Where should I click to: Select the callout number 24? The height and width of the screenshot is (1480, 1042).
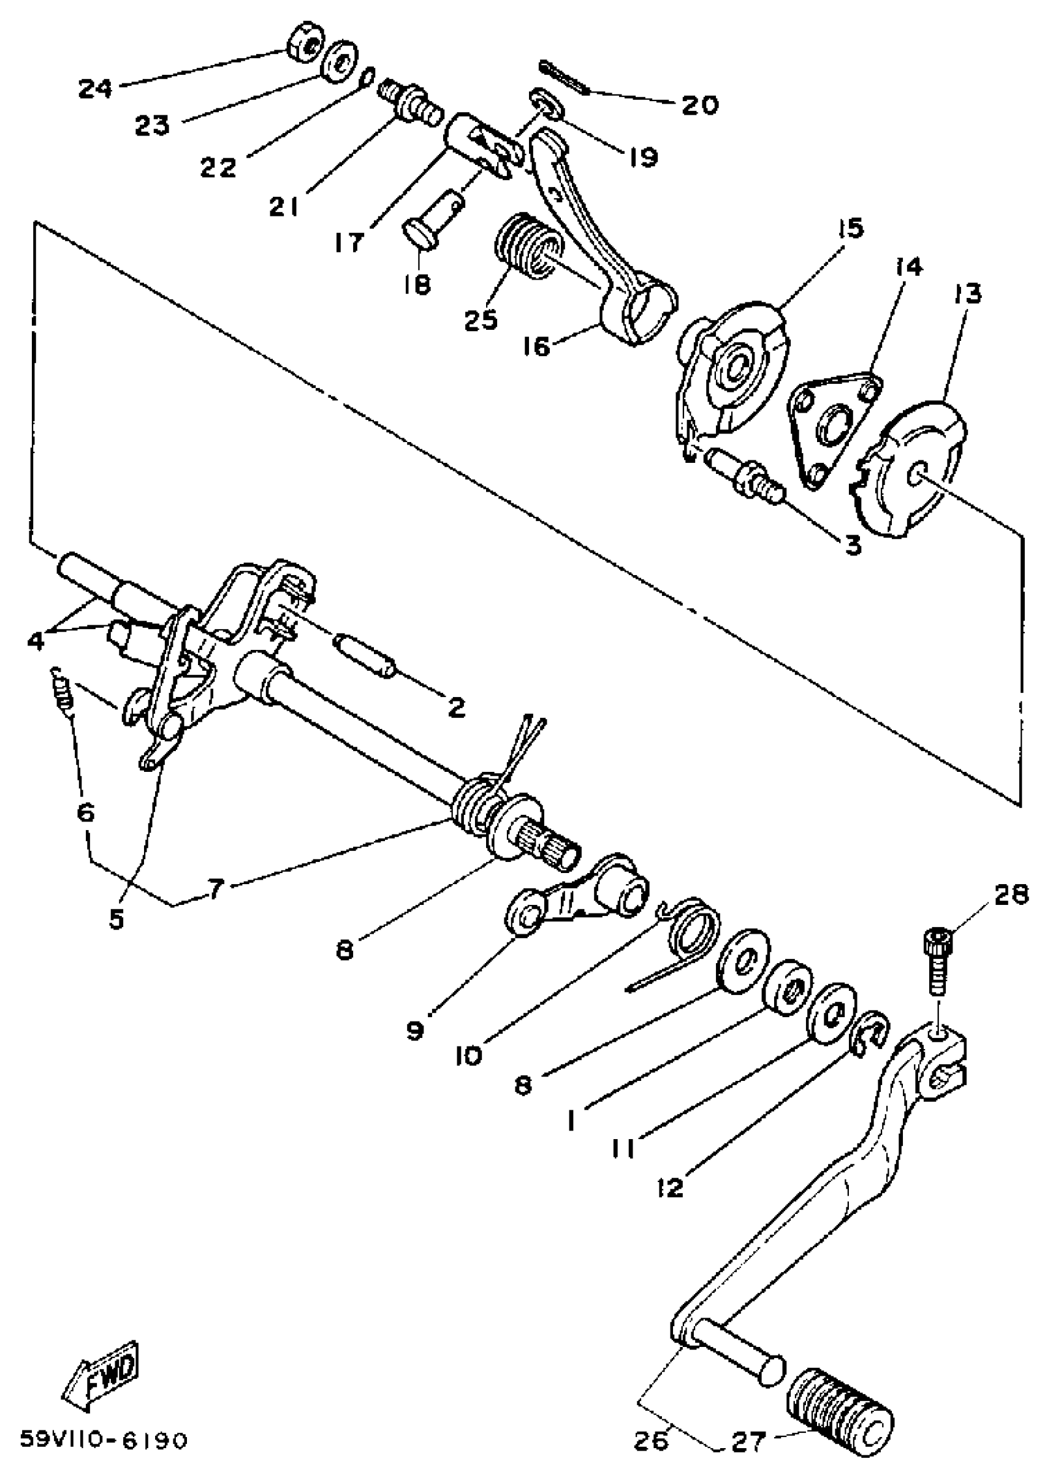[x=96, y=88]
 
